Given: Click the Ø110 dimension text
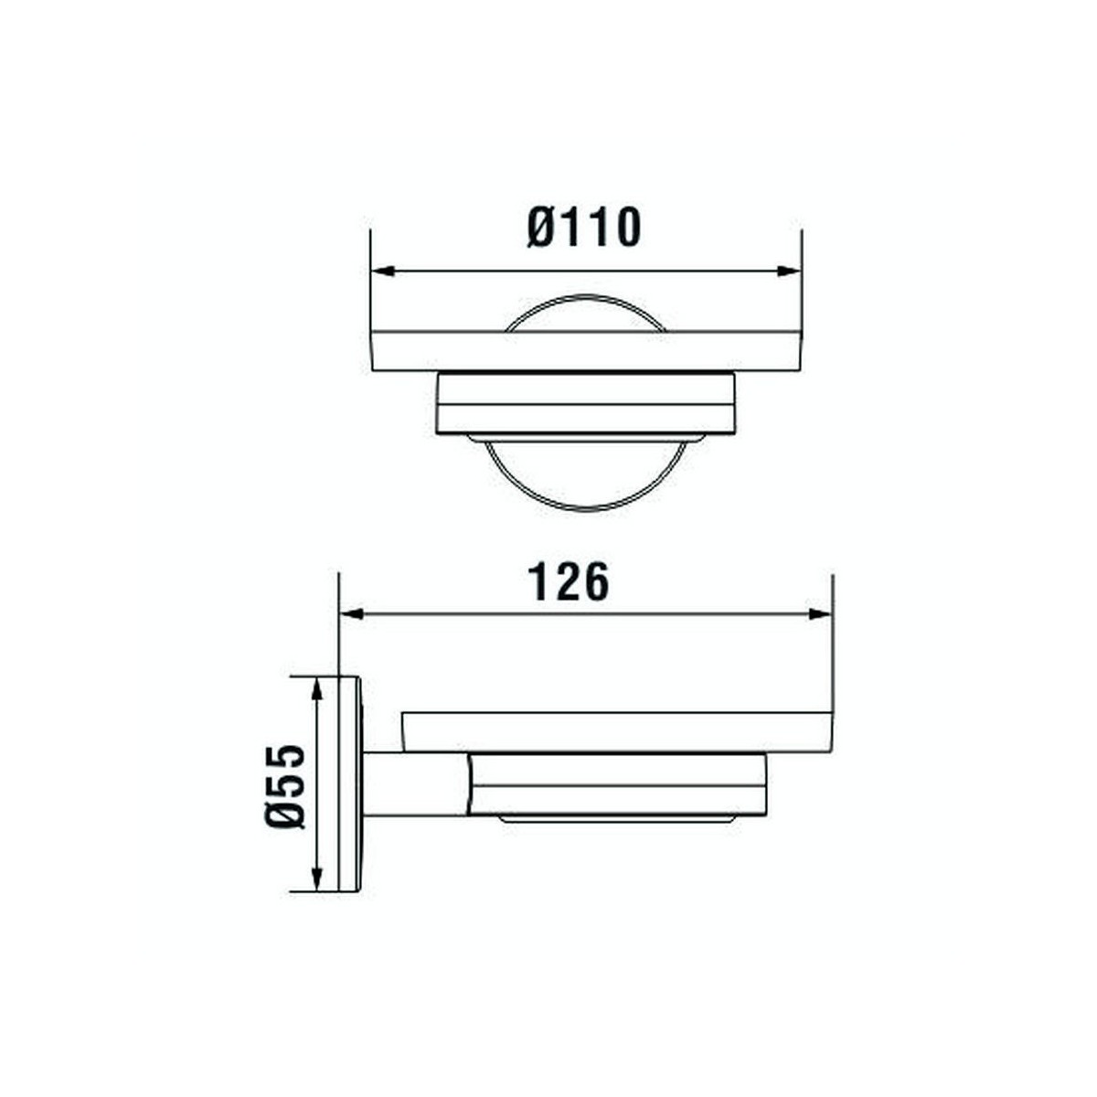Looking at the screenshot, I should point(584,228).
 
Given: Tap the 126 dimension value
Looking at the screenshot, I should point(569,582).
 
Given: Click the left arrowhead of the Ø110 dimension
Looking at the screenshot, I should point(382,272).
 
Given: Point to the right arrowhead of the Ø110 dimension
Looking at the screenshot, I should point(789,272).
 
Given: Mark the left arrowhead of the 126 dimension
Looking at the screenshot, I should point(352,614).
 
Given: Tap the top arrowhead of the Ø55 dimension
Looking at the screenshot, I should point(316,688).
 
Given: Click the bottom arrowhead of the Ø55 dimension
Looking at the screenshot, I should point(316,879).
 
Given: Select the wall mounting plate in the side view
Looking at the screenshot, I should point(350,783).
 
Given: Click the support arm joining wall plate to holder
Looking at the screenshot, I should point(416,783).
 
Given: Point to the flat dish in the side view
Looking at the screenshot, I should point(617,731).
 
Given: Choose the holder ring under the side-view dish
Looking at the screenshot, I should point(617,783).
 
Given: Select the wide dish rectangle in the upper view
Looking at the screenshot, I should point(585,352).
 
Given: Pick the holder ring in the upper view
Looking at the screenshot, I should point(585,403).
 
